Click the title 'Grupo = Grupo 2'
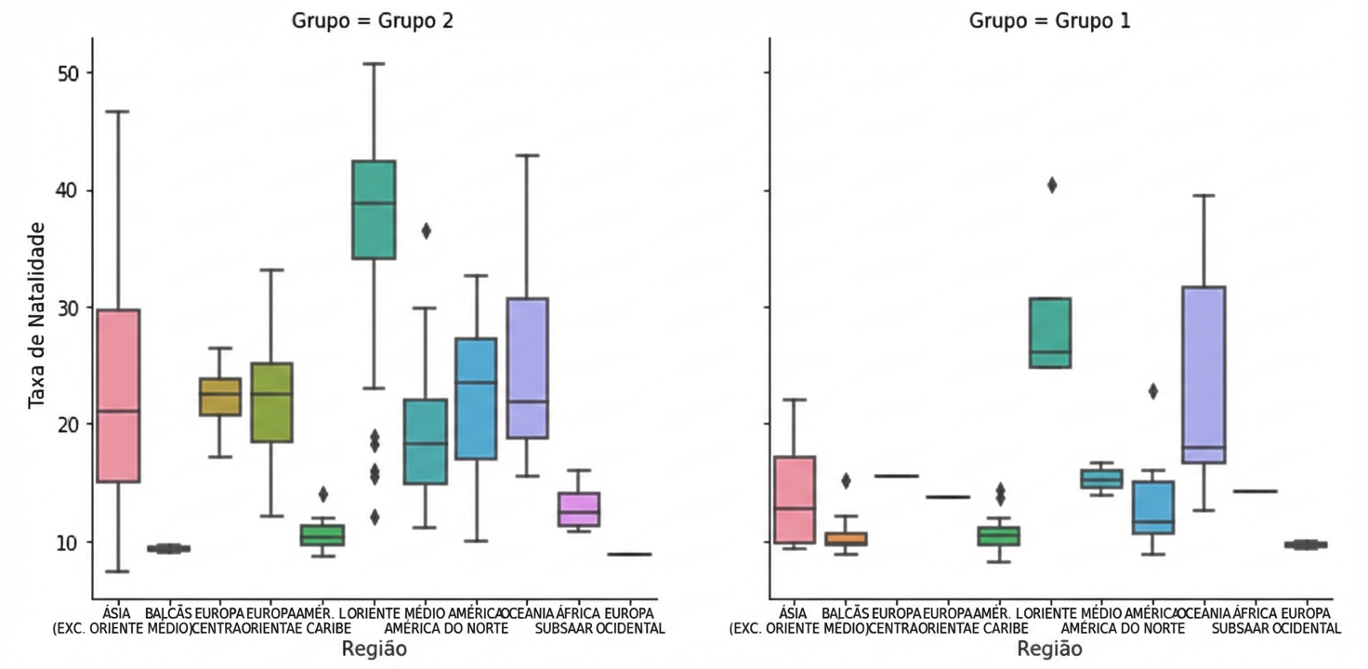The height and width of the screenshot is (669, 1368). (375, 20)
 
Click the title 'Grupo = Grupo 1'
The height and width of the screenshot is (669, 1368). (1050, 20)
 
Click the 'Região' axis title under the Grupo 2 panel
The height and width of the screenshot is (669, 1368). (375, 649)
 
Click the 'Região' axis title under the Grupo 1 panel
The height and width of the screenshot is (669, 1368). (1050, 649)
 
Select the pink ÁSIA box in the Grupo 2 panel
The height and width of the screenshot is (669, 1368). (118, 395)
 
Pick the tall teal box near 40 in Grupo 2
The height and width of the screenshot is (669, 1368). (374, 210)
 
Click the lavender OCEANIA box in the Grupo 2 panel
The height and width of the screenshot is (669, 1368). (527, 368)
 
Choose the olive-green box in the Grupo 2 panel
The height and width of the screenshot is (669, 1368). (271, 402)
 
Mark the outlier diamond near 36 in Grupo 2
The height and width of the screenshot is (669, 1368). (426, 231)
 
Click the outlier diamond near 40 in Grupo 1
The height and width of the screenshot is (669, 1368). (1051, 185)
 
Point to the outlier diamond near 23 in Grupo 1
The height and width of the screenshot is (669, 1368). (1153, 391)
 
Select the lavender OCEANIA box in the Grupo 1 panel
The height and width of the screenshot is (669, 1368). (1204, 374)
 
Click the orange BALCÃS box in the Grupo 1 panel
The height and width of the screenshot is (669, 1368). (847, 539)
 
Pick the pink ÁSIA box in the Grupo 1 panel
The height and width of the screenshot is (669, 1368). (795, 500)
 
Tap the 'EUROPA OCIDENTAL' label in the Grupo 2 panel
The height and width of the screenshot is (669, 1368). (631, 621)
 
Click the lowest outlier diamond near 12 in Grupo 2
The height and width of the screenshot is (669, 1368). (374, 518)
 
